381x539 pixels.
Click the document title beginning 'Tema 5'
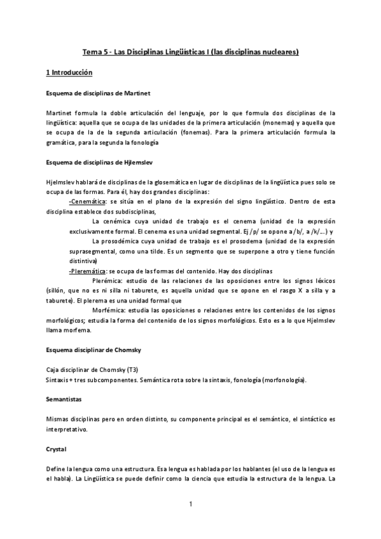coord(191,51)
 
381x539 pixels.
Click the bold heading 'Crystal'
coord(57,448)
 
